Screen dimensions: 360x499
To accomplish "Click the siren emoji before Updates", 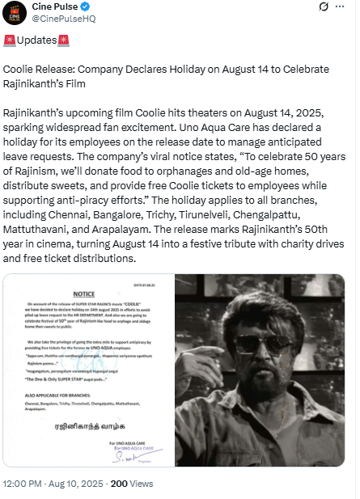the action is click(x=10, y=40).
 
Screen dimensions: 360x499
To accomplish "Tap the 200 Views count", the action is click(x=131, y=483).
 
